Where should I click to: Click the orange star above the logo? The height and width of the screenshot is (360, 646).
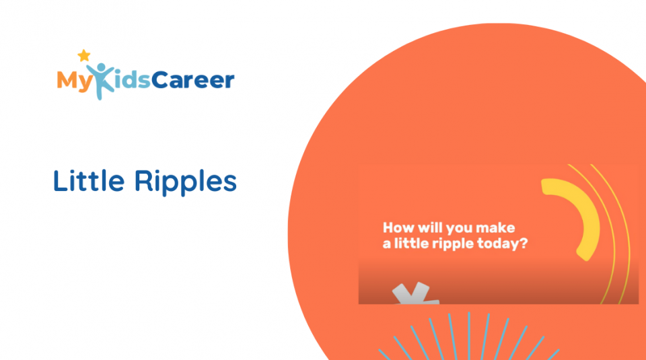[83, 55]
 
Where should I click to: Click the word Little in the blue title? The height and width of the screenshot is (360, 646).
[89, 181]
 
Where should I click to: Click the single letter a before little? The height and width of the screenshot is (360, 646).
[387, 245]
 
